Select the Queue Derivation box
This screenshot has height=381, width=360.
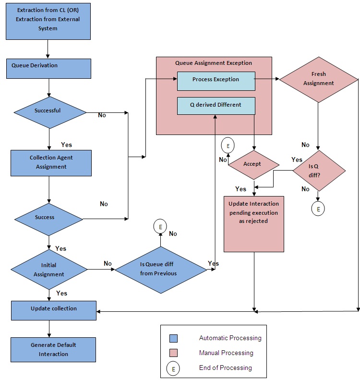tap(48, 68)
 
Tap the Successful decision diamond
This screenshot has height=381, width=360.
tap(49, 111)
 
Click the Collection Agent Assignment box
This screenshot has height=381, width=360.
tap(51, 163)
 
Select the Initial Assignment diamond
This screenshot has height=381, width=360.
tap(49, 270)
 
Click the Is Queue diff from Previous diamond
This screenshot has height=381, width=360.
tap(160, 270)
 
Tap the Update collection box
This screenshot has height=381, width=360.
tap(53, 310)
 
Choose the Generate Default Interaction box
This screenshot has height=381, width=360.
tap(53, 349)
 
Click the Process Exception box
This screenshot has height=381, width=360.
tap(216, 80)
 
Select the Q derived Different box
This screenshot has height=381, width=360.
tap(216, 106)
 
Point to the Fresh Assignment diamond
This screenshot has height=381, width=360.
tap(318, 79)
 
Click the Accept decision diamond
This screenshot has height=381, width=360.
tap(253, 164)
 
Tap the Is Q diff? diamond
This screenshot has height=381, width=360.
tap(318, 170)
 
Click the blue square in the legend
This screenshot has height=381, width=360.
tap(174, 338)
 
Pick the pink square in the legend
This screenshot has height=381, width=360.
tap(174, 353)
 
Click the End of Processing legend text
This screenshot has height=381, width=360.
tap(225, 368)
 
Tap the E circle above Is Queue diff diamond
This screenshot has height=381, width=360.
tap(160, 226)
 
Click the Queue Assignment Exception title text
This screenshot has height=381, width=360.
tap(213, 63)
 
